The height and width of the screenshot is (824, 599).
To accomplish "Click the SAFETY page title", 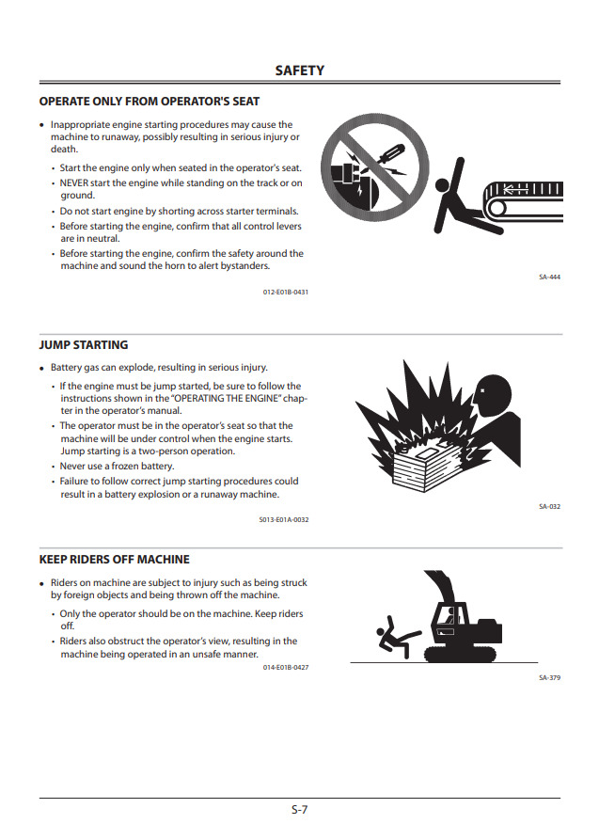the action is click(299, 71).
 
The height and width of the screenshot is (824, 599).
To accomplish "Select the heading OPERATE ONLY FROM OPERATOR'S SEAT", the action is click(150, 102).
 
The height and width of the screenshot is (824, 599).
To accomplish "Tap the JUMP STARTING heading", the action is click(84, 344).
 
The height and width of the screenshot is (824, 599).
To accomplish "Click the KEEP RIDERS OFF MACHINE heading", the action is click(115, 559).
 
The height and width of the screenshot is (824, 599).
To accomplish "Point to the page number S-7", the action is click(299, 809).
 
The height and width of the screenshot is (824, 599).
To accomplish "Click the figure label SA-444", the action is click(549, 277).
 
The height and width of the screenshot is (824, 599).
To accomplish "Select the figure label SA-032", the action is click(549, 507).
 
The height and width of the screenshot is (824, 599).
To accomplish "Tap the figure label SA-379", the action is click(549, 678).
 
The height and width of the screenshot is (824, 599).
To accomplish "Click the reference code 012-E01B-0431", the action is click(286, 293).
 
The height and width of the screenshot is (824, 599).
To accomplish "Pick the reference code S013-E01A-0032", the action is click(284, 520).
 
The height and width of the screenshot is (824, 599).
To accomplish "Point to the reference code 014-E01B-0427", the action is click(286, 668).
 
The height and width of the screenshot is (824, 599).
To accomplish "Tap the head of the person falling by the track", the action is click(442, 185).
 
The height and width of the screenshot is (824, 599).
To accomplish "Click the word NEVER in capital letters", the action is click(74, 183).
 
